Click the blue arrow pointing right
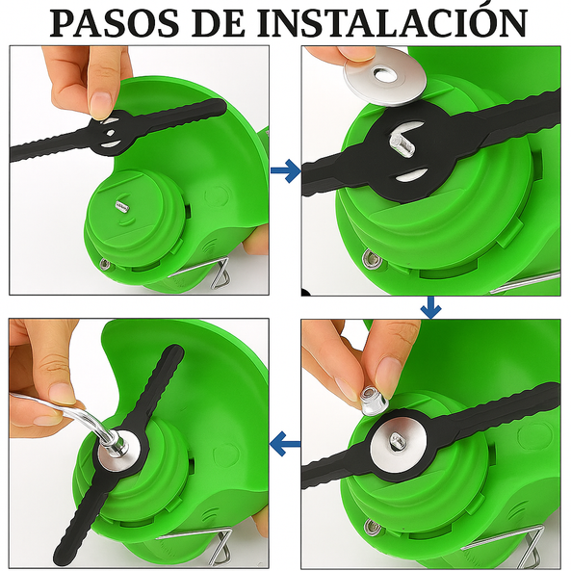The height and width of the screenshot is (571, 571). (285, 172)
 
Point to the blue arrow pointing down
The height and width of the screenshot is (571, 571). (430, 307)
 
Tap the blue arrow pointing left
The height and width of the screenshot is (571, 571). (285, 444)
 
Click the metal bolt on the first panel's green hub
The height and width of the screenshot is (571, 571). (121, 206)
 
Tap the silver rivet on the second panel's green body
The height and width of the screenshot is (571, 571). (370, 257)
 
